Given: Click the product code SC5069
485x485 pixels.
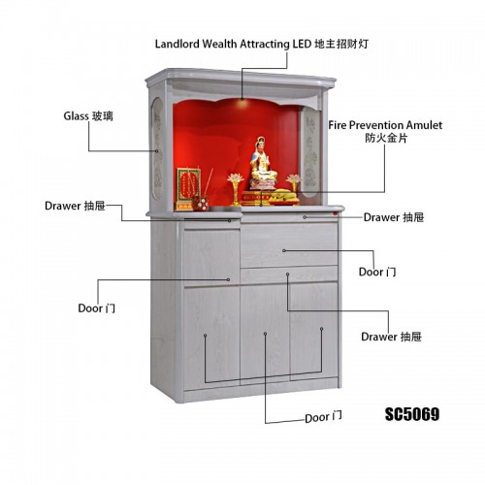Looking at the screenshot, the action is (412, 414).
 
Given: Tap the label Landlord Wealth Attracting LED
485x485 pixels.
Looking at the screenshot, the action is (233, 44).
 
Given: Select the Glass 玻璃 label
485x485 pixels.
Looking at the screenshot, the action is (88, 115).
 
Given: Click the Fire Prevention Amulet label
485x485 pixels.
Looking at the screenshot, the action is (385, 125).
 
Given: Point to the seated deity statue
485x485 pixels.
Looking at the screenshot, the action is (263, 163).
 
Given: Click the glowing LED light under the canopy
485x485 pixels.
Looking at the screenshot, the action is (243, 101).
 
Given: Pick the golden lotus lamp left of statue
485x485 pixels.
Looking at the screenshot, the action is (236, 189).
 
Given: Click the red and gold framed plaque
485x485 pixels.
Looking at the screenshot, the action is (188, 189).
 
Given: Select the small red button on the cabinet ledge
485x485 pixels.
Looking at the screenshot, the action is (336, 213).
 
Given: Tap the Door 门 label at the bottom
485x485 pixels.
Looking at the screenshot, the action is (323, 417).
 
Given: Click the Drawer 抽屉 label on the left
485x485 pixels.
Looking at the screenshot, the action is (75, 206).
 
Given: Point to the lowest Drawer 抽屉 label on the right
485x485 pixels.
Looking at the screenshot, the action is (391, 337).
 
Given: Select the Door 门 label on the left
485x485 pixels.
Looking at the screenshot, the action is (96, 308).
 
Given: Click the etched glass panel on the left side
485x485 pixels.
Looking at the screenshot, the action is (157, 148).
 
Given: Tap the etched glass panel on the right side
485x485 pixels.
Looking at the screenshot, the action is (309, 152).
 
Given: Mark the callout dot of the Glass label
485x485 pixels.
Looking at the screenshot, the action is (157, 151).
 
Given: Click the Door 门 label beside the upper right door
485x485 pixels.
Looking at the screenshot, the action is (377, 272).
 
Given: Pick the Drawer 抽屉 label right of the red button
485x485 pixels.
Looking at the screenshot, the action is (394, 217).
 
